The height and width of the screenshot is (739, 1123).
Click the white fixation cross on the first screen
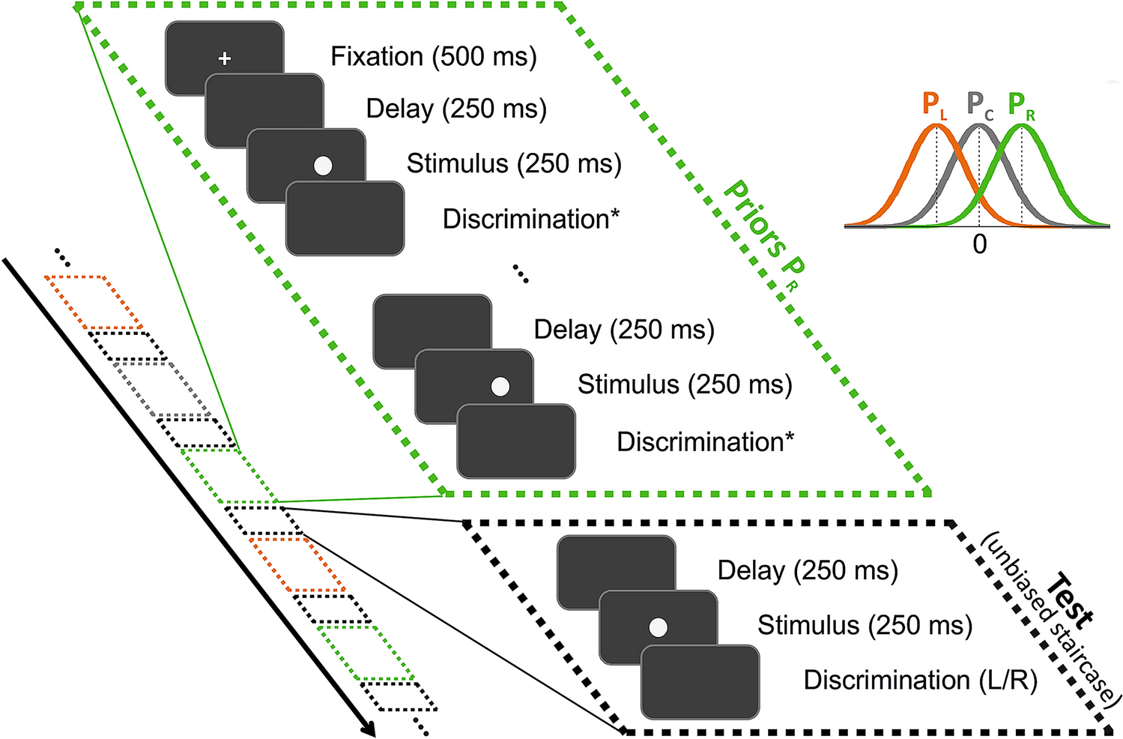(224, 58)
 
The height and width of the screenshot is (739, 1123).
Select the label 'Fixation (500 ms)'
(434, 57)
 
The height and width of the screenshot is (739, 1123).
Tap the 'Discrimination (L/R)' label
(920, 680)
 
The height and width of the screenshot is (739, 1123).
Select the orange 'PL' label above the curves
(933, 106)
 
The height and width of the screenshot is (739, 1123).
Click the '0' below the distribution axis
(979, 244)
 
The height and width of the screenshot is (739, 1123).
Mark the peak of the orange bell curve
(936, 126)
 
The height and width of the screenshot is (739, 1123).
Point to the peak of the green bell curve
(1022, 126)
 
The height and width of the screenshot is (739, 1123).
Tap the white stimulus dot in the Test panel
(658, 627)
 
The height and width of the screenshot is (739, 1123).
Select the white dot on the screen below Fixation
(323, 166)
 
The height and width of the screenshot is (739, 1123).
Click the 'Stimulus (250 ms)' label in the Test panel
(865, 625)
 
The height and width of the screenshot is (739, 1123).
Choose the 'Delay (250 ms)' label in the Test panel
(808, 570)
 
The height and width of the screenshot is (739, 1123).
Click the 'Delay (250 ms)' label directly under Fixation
(456, 109)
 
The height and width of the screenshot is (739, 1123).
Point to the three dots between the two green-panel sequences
(521, 274)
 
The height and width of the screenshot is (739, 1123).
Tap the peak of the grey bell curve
(979, 126)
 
